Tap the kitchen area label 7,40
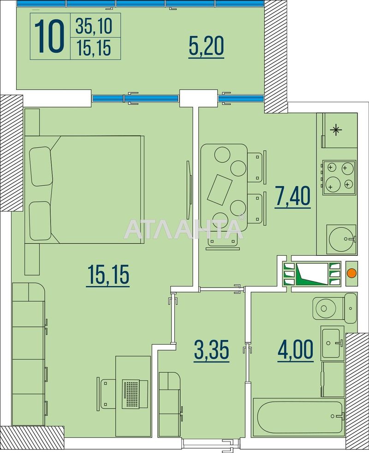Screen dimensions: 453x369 (292, 197)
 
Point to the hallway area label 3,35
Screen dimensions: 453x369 (212, 350)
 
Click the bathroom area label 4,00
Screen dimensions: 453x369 (295, 350)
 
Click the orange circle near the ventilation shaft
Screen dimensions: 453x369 (351, 273)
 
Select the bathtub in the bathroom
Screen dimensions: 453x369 (299, 417)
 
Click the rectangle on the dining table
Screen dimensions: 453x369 (220, 190)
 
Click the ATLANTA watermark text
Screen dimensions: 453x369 (184, 229)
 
